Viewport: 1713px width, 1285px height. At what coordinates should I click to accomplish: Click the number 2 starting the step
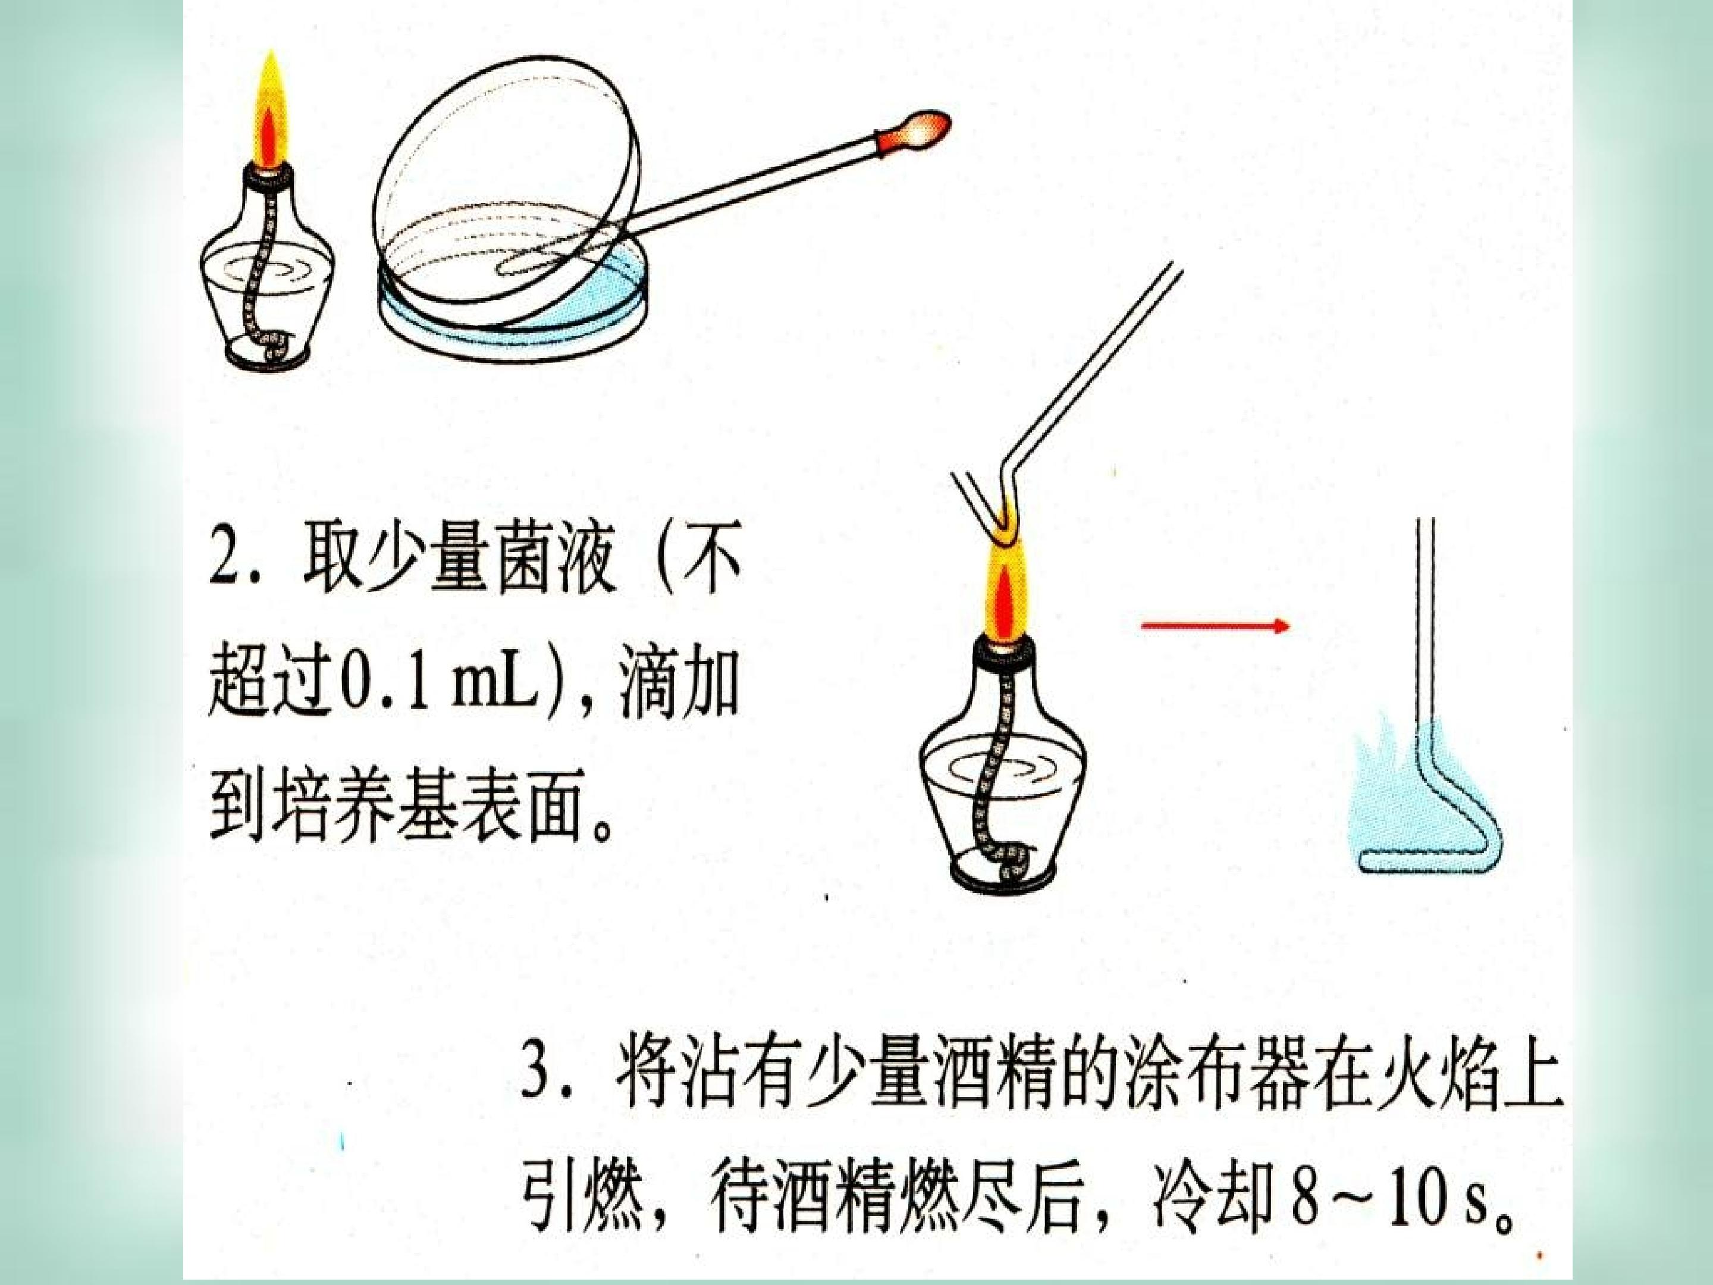coord(227,557)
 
